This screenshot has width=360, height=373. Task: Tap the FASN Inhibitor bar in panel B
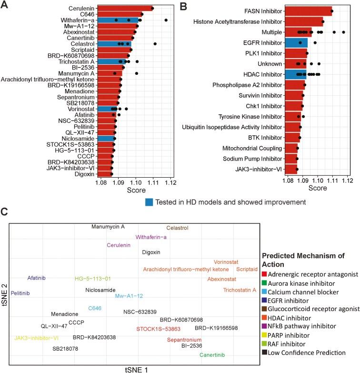[x=310, y=10]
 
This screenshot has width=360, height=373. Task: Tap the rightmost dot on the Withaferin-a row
[x=166, y=20]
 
